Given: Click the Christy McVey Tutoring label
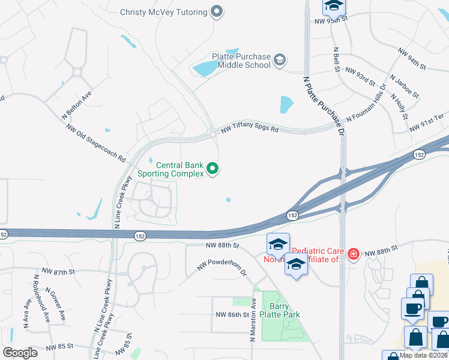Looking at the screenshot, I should [163, 12].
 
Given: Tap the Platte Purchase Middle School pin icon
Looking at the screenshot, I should [279, 59].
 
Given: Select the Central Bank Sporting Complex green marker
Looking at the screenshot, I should [212, 170].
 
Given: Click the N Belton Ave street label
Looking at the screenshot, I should [76, 106].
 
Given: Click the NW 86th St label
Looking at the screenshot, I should [232, 315].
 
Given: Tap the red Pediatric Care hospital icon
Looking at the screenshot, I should [354, 254].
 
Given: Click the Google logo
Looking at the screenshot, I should [20, 352].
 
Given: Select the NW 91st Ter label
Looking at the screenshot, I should [427, 126].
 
